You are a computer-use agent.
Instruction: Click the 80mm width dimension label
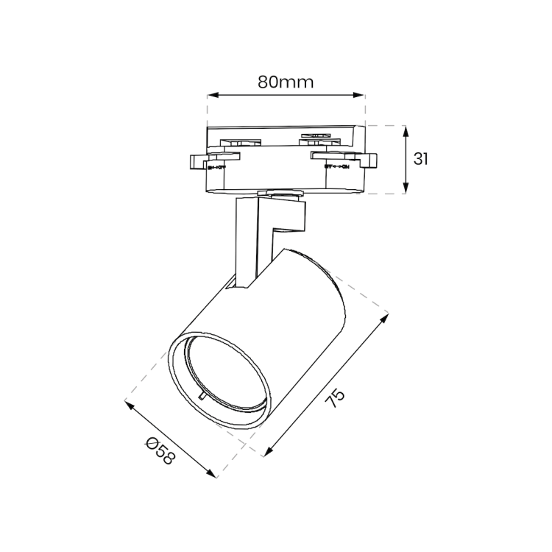tap(286, 82)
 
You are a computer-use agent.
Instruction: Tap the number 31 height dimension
tap(421, 159)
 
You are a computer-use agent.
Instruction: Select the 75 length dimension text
tap(336, 398)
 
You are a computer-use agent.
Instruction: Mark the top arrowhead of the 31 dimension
tap(406, 129)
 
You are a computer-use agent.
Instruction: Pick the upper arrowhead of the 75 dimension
tap(385, 319)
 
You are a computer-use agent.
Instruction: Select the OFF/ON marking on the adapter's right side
tap(336, 167)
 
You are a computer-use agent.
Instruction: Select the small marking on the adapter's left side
tap(216, 168)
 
